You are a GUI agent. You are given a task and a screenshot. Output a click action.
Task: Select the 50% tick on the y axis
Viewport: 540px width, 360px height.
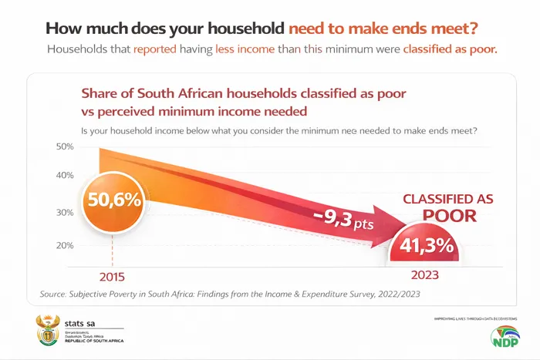coord(65,146)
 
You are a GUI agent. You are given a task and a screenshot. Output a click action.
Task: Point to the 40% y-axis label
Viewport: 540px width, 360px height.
coord(65,175)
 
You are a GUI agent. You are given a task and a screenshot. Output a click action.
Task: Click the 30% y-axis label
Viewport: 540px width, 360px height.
coord(65,213)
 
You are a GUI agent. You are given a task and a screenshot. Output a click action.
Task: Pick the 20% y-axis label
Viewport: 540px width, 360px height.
coord(65,245)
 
